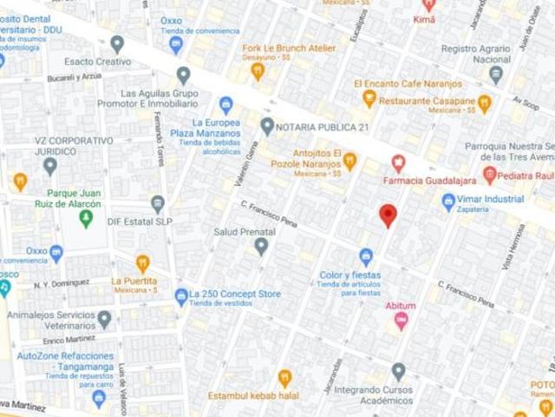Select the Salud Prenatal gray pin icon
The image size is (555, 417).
[262, 248]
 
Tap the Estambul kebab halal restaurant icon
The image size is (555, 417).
[284, 377]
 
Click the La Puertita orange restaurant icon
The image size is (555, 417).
[143, 261]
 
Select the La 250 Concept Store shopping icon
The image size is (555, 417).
[181, 296]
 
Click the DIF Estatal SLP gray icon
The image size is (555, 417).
[157, 204]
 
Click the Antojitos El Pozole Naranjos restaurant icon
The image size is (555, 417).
[349, 160]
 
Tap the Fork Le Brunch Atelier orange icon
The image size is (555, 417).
[258, 72]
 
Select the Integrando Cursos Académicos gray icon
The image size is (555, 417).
[398, 371]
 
